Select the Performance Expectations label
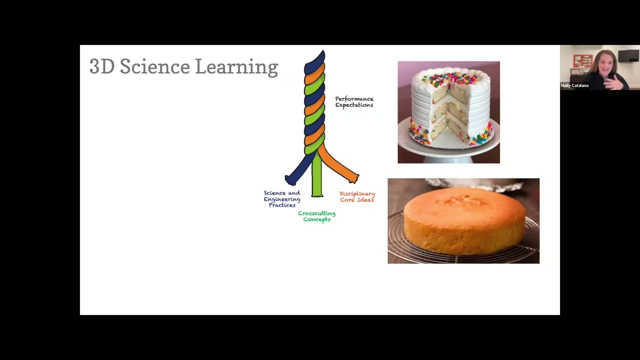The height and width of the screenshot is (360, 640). tap(354, 102)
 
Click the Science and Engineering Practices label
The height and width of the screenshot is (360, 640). tap(282, 199)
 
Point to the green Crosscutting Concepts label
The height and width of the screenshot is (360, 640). tap(316, 216)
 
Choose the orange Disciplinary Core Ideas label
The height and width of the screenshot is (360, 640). tap(357, 196)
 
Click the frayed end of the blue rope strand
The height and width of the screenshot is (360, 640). tap(288, 179)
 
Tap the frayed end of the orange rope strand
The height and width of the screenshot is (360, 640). tap(354, 178)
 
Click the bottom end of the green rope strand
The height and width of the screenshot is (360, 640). tap(317, 193)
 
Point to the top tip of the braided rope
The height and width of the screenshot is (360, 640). tap(321, 53)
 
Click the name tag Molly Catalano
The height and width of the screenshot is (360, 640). tap(574, 85)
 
